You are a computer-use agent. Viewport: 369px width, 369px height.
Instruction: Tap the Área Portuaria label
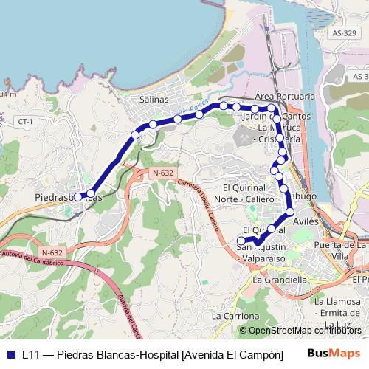[x=284, y=97]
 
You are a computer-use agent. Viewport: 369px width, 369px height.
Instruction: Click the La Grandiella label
[x=280, y=280]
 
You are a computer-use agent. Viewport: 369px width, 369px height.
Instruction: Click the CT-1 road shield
[x=27, y=121]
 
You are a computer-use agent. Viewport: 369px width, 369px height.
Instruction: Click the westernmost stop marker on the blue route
[x=77, y=197]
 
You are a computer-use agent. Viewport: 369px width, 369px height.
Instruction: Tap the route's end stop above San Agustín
[x=241, y=241]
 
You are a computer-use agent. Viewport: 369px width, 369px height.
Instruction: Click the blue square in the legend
[x=10, y=354]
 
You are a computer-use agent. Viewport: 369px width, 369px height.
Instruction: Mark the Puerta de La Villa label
[x=340, y=250]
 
